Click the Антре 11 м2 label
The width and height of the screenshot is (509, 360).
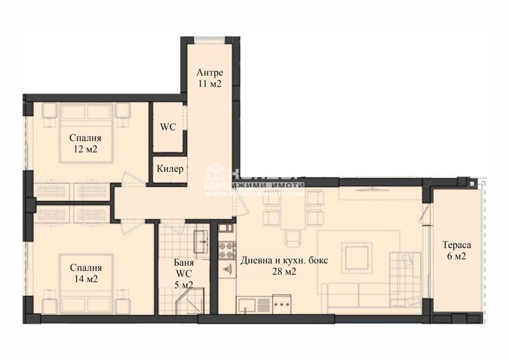(208, 78)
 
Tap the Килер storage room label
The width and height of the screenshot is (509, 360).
(171, 169)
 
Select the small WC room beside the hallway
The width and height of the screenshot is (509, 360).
(168, 127)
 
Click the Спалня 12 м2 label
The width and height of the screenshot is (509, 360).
(85, 144)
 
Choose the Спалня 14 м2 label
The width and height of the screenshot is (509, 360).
(85, 273)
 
